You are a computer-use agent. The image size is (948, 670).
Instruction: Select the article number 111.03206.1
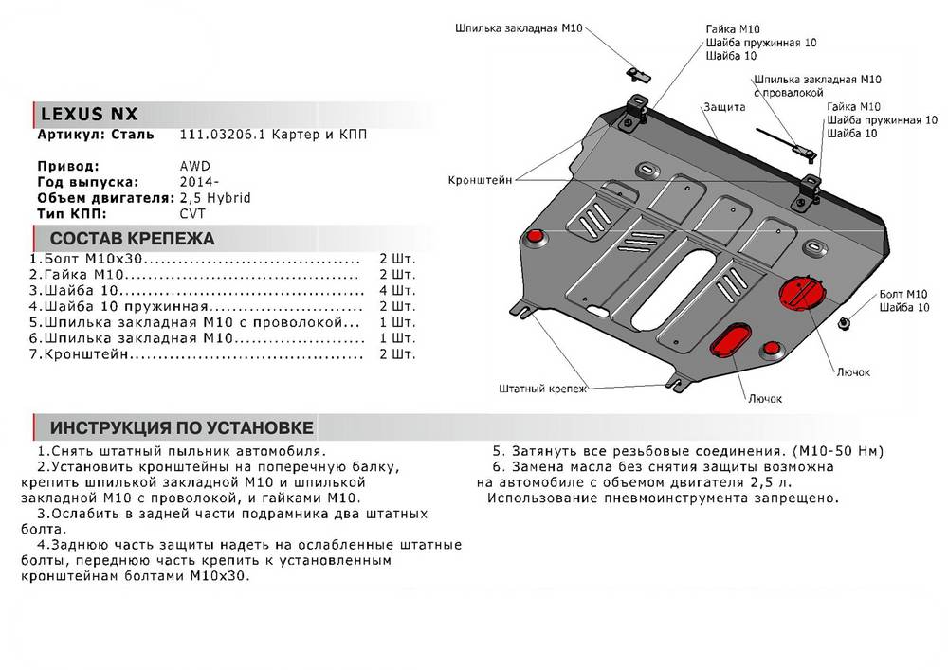coord(218,136)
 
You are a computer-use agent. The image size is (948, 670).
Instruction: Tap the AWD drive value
coord(195,165)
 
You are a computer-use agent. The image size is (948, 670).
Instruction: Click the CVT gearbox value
coord(192,216)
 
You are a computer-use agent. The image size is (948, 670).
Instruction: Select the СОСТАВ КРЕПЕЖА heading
coord(132,239)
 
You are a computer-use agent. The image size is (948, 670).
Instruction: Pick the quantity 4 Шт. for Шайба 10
coord(396,290)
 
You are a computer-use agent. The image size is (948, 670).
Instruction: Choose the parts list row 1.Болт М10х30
coord(90,259)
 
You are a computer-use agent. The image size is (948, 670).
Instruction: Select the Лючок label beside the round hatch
coord(852,371)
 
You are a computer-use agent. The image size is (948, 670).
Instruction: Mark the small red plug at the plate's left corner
coord(536,235)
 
